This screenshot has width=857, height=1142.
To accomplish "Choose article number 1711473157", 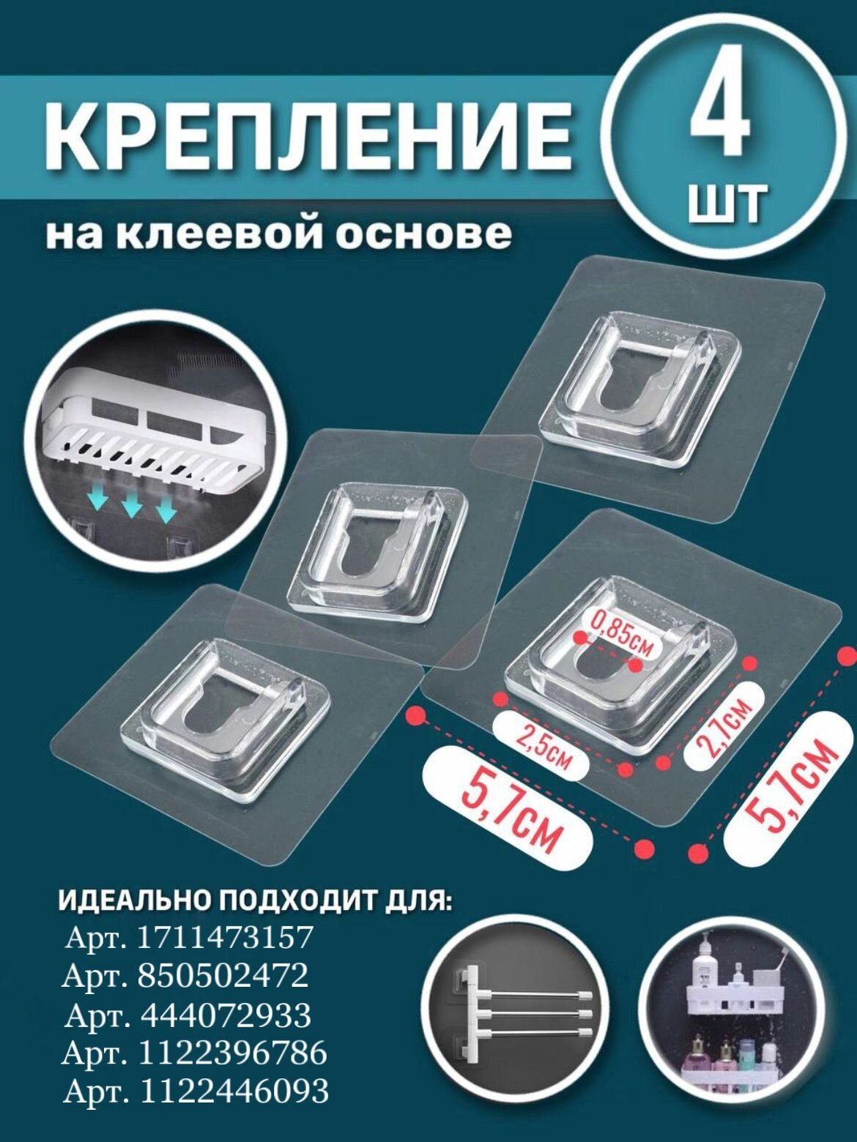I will click(x=226, y=937).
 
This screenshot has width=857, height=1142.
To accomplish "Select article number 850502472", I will click(x=223, y=975).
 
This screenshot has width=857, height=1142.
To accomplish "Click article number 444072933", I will click(x=225, y=1015).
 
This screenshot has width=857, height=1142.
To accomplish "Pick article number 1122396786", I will click(x=232, y=1053).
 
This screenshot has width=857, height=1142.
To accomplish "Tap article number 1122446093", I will click(x=233, y=1091).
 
